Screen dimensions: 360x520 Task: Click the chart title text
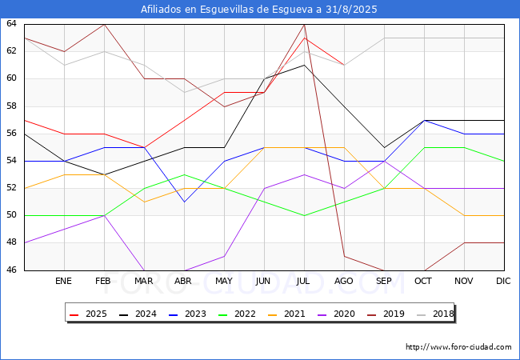tap(260, 10)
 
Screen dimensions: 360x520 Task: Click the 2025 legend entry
tap(90, 314)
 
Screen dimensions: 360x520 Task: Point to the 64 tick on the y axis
tap(12, 24)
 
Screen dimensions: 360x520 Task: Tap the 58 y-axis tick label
tap(12, 106)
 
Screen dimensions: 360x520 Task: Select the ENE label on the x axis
tap(64, 282)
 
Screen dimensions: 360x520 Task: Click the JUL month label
tap(304, 282)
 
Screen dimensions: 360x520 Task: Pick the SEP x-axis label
tap(384, 282)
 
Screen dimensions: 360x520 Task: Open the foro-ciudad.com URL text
tap(458, 347)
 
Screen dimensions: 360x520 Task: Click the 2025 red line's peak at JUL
tap(304, 38)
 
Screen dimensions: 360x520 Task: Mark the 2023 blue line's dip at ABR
tap(184, 202)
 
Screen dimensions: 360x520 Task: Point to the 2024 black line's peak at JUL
tap(304, 65)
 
